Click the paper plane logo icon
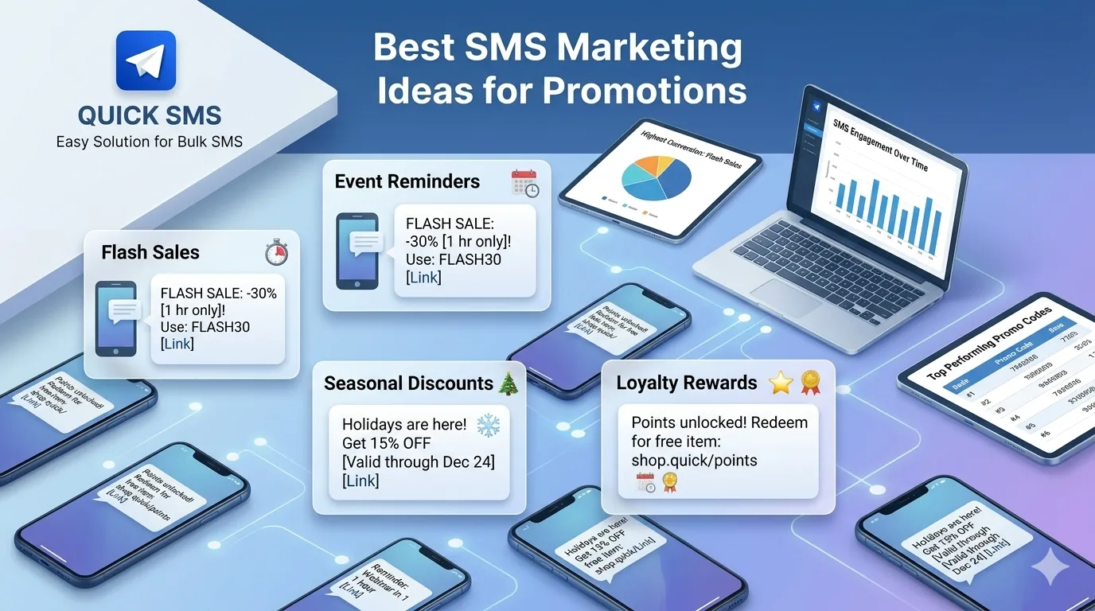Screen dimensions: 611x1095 click(x=146, y=60)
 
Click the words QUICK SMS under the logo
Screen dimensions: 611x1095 click(x=150, y=115)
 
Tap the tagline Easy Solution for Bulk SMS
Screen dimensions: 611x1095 click(x=150, y=142)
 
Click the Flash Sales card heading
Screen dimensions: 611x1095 click(x=150, y=252)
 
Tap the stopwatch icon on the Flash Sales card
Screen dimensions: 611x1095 click(x=276, y=253)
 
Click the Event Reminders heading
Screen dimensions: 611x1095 click(x=407, y=181)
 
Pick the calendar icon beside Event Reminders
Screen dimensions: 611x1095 click(x=524, y=183)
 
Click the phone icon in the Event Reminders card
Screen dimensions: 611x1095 click(x=357, y=251)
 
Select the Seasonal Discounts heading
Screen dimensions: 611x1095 click(x=409, y=383)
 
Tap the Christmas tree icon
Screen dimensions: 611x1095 click(x=508, y=383)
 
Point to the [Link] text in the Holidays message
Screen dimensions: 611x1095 click(x=360, y=481)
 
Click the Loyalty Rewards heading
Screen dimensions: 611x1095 click(x=687, y=383)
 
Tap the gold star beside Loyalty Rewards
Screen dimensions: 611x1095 click(x=781, y=383)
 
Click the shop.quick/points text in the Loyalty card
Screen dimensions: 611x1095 click(x=694, y=460)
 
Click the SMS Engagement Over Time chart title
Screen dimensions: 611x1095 click(x=879, y=145)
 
